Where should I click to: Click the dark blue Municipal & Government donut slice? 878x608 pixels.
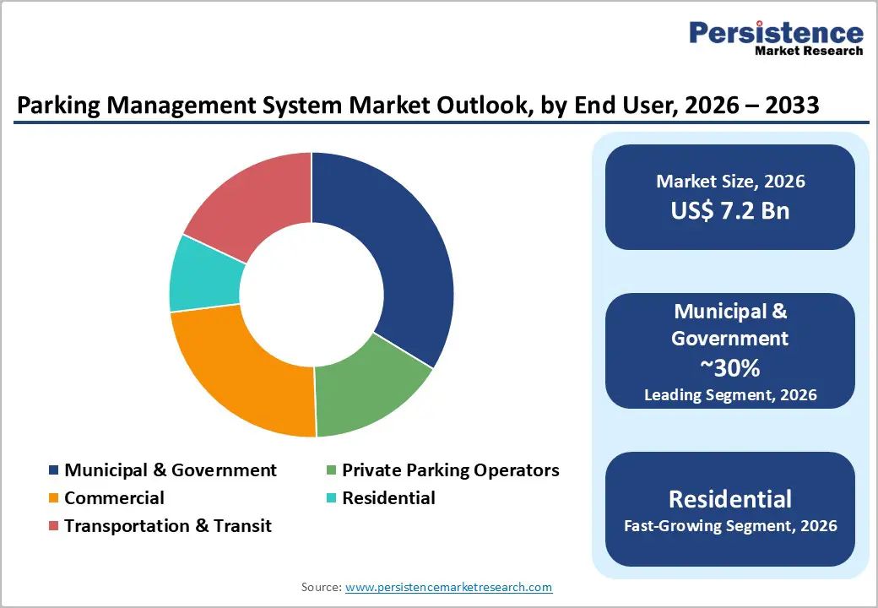tap(388, 253)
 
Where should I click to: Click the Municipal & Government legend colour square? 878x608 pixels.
tap(54, 470)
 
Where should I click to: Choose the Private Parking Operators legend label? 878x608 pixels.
tap(450, 470)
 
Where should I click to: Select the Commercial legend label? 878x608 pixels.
tap(114, 498)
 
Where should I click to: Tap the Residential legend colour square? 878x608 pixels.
tap(332, 498)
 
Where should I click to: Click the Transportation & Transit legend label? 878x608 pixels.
tap(168, 526)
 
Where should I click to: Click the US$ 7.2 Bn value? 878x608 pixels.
tap(730, 210)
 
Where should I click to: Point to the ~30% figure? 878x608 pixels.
tap(730, 367)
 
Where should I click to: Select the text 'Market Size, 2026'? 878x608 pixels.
tap(730, 182)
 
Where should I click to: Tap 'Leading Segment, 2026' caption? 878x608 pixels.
tap(730, 394)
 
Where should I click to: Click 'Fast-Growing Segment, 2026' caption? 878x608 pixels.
tap(730, 526)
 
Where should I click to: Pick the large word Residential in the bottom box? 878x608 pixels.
tap(730, 498)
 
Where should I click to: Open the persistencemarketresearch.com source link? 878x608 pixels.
tap(449, 587)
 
